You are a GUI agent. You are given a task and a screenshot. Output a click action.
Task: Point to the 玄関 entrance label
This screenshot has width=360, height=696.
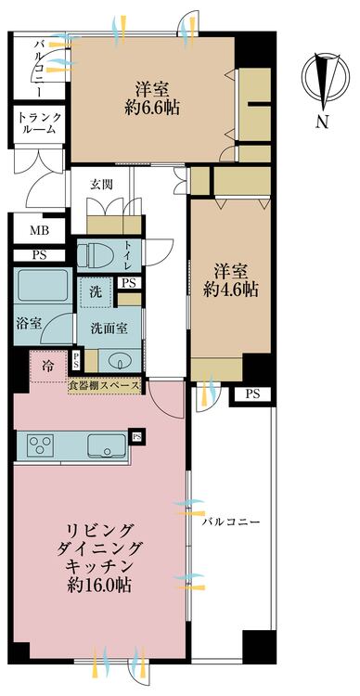point(102,184)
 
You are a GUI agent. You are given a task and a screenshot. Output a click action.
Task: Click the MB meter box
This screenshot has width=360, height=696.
point(38,229)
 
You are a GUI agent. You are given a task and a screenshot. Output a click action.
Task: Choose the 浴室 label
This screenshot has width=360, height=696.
point(29,324)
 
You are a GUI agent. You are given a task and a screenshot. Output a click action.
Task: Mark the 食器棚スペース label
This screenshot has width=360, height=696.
point(106,385)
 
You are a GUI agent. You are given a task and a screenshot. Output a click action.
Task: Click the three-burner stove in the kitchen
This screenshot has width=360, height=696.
point(42,444)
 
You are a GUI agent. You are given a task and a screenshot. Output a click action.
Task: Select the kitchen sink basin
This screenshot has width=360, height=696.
point(109,445)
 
